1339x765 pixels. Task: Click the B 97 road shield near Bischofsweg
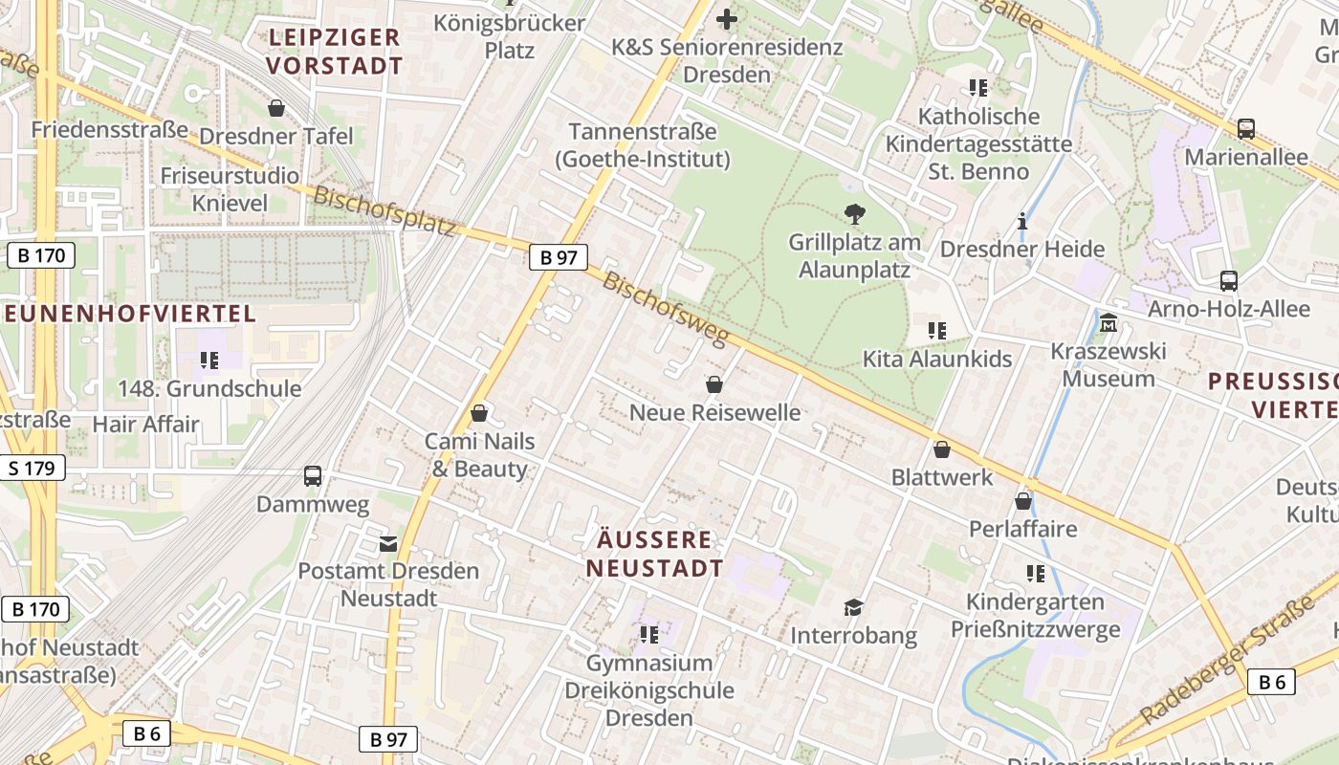tap(558, 256)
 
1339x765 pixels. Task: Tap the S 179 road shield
tap(33, 468)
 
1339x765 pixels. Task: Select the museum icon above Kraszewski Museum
tap(1109, 323)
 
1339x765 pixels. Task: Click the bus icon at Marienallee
tap(1245, 128)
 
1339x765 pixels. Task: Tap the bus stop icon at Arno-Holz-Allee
tap(1229, 281)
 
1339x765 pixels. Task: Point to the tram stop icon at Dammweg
tap(313, 475)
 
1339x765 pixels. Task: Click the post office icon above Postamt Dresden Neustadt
tap(387, 543)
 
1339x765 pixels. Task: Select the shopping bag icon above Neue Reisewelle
tap(713, 384)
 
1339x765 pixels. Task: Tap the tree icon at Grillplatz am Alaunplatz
tap(854, 213)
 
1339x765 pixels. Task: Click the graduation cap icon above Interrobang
tap(853, 607)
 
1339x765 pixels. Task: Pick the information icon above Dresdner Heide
tap(1022, 221)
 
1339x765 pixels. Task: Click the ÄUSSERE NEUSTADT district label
tap(654, 554)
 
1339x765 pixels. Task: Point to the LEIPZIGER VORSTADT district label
tap(334, 52)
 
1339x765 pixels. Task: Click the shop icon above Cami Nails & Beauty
tap(479, 413)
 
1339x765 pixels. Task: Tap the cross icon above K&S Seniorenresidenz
tap(727, 18)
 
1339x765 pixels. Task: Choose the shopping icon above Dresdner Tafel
tap(276, 108)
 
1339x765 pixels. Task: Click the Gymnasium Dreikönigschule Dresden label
tap(648, 690)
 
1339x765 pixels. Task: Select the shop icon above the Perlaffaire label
tap(1022, 500)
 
